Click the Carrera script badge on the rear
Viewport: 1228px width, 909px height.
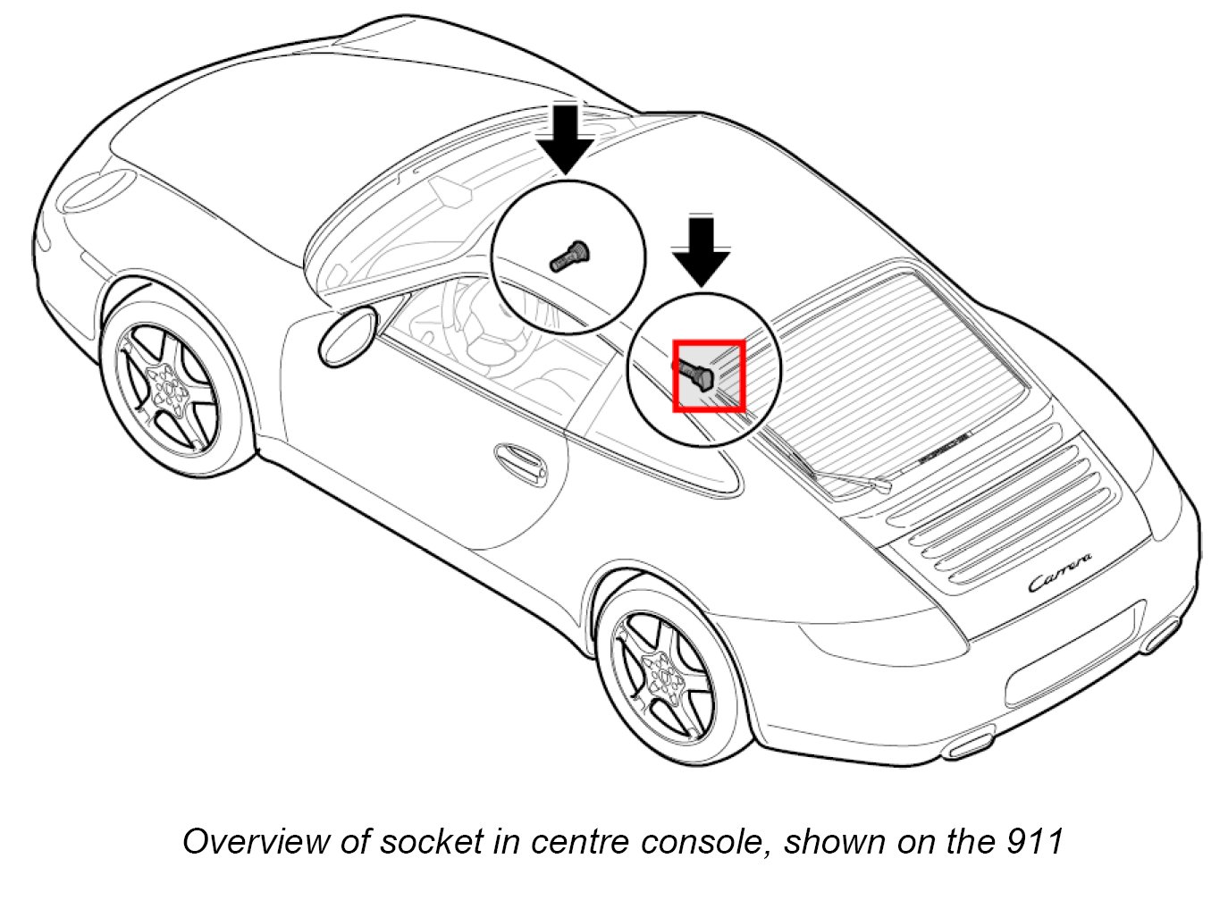click(x=1060, y=572)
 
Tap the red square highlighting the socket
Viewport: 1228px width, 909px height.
click(x=709, y=376)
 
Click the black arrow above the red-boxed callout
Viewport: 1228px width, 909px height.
click(x=702, y=249)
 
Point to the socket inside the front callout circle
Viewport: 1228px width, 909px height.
click(x=568, y=255)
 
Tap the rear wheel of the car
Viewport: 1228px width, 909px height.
click(x=666, y=676)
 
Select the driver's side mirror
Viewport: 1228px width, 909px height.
click(x=348, y=336)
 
